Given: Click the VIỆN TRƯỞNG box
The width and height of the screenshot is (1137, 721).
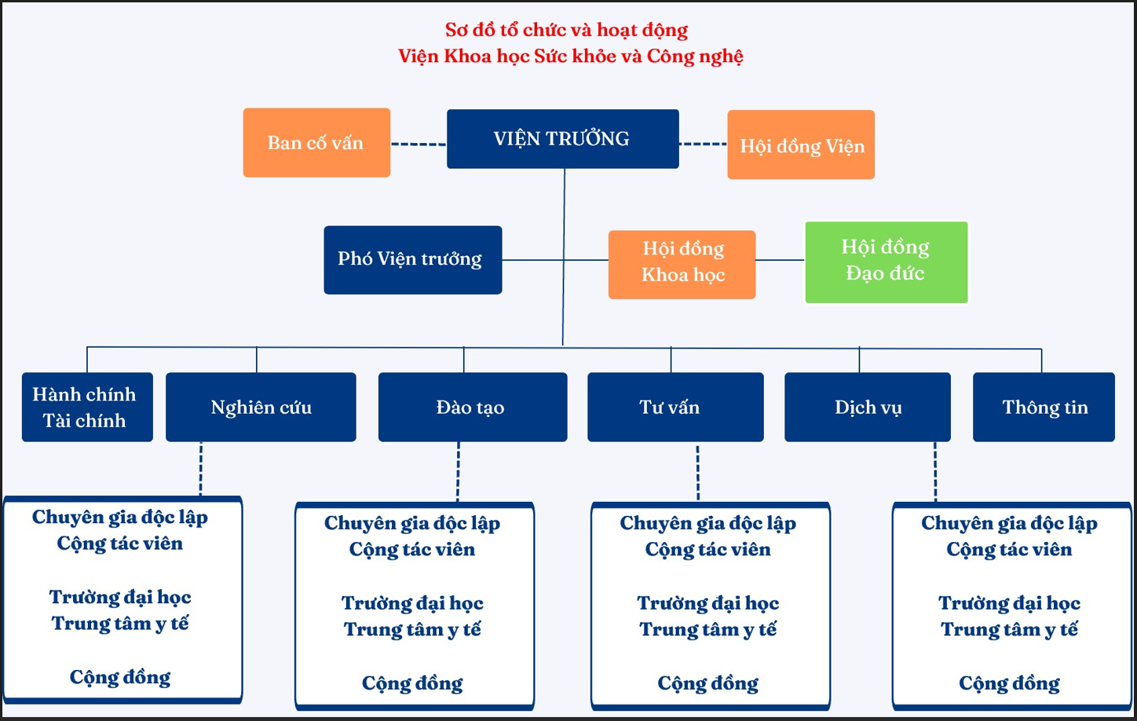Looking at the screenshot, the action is click(562, 138).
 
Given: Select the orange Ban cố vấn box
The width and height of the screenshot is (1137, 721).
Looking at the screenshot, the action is click(316, 143).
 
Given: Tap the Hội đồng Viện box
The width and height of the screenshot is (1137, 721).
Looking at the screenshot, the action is click(801, 145).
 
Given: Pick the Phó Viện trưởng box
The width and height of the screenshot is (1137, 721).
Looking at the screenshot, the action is click(413, 260).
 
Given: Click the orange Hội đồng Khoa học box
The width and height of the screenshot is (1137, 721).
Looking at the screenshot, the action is click(682, 265).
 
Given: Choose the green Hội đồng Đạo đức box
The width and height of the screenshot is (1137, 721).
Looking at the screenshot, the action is click(887, 262).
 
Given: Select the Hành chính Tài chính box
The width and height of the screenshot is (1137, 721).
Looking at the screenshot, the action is click(87, 407).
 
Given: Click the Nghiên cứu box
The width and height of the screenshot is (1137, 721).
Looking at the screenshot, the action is click(261, 407).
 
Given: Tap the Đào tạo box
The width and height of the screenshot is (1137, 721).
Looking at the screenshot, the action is click(473, 407).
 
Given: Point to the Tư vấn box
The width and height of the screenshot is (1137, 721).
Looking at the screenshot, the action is click(675, 407).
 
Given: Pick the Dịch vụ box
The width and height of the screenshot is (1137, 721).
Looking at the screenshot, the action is click(868, 407).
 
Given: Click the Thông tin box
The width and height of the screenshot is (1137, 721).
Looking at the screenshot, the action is click(1044, 407).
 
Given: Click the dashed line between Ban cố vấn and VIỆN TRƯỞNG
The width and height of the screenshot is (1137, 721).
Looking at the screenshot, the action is click(419, 145).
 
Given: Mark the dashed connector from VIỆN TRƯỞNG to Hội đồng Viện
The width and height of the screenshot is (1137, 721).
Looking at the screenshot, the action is click(703, 145).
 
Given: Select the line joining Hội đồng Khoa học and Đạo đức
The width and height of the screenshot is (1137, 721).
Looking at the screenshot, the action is click(781, 260).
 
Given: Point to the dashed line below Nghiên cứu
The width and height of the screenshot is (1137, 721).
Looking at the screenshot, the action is click(201, 469).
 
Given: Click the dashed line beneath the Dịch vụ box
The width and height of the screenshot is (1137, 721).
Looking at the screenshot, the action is click(935, 472).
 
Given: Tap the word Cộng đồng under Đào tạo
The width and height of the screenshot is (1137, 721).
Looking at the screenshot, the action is click(412, 683).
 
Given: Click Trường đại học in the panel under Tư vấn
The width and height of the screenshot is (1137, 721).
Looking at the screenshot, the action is click(708, 603).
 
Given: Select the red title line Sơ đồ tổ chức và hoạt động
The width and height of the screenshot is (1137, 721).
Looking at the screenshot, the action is click(566, 30).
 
